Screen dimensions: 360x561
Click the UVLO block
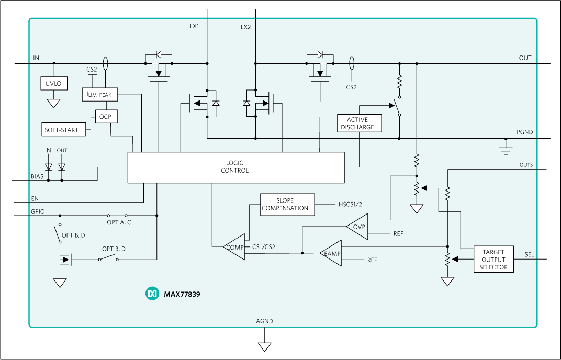54,83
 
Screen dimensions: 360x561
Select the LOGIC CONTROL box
236,167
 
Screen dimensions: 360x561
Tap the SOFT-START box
64,129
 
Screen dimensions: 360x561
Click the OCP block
106,117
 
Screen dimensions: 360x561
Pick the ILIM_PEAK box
100,94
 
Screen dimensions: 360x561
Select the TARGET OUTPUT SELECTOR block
493,259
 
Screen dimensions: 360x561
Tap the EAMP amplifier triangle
332,253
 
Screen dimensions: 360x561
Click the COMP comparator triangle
234,247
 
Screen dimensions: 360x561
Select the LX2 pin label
245,27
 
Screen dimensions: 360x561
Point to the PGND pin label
524,132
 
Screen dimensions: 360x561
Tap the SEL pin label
529,255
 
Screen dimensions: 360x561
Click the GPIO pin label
38,211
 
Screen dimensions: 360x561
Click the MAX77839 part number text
182,294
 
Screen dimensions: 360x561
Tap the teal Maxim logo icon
152,294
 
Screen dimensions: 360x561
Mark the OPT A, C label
119,222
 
